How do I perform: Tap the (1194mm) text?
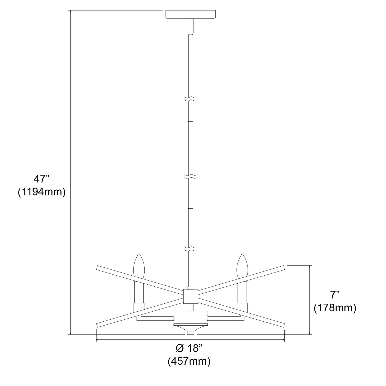41,192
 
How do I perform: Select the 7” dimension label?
335,295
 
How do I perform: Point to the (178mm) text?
335,308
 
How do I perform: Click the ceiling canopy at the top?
191,14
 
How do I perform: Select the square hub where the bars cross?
190,296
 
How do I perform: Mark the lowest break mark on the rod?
190,249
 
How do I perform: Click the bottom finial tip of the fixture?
190,333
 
